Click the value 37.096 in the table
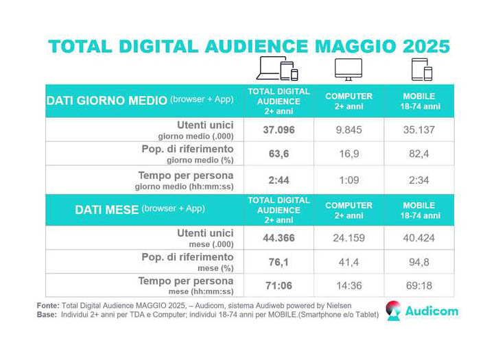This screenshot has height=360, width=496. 279,130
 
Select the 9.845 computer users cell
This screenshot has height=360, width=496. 349,130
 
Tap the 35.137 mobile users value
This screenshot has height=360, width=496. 418,130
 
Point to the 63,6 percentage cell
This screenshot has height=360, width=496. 279,154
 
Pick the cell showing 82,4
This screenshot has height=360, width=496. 418,154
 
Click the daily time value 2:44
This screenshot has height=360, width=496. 279,180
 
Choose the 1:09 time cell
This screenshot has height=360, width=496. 349,180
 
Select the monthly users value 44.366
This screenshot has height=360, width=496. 279,238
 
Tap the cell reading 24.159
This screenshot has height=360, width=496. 349,238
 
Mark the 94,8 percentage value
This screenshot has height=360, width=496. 418,262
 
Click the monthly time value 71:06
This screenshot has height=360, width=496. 279,286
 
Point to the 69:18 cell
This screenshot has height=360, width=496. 418,286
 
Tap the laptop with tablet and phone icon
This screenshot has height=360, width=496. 277,69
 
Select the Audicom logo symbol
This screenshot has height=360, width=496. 393,311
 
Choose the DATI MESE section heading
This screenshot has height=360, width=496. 106,210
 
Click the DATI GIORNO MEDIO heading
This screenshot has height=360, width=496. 106,101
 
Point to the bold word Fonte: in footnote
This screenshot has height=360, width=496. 48,306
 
